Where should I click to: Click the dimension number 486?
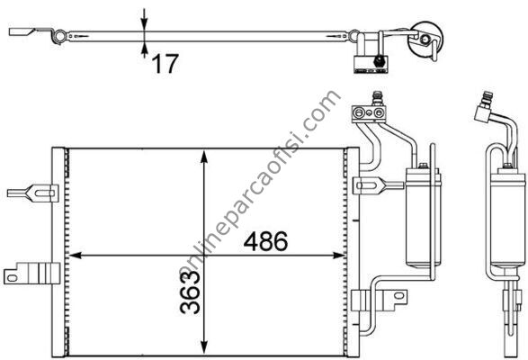pyautogui.click(x=265, y=241)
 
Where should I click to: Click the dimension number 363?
pyautogui.click(x=191, y=292)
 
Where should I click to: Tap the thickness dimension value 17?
pyautogui.click(x=165, y=64)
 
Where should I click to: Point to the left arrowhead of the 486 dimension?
pyautogui.click(x=75, y=256)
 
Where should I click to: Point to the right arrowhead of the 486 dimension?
pyautogui.click(x=338, y=256)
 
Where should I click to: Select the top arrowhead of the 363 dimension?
pyautogui.click(x=203, y=157)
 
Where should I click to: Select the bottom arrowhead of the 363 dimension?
pyautogui.click(x=203, y=346)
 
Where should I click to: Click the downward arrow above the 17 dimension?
pyautogui.click(x=144, y=20)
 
